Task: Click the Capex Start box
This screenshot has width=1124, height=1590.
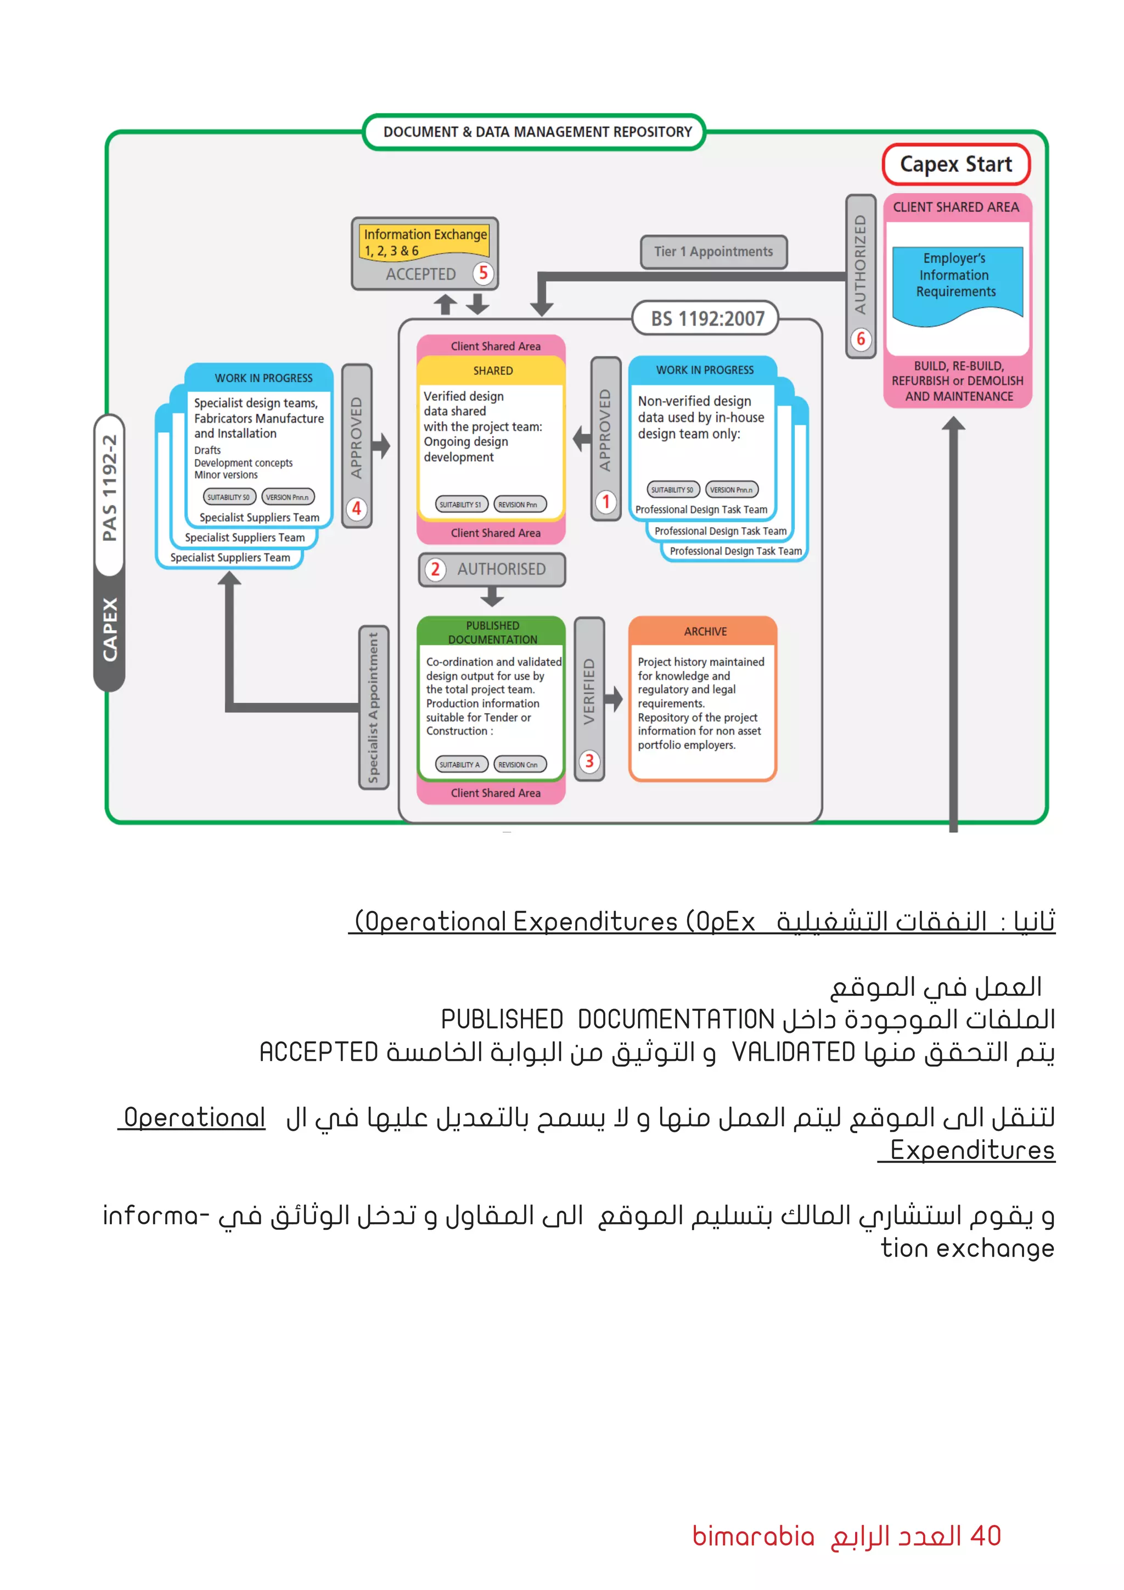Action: click(x=956, y=165)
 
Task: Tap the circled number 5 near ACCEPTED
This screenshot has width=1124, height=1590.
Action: click(x=483, y=273)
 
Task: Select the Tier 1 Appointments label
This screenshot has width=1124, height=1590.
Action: click(x=713, y=252)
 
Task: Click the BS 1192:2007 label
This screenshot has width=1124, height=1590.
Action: click(x=707, y=318)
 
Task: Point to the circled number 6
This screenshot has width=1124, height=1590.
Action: click(x=861, y=339)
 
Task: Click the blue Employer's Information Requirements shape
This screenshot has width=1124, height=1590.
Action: click(x=957, y=281)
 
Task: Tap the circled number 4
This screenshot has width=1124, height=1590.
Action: click(x=356, y=509)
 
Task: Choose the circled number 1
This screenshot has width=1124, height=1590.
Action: click(x=605, y=501)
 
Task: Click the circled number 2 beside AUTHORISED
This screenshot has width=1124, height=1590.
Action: click(x=435, y=569)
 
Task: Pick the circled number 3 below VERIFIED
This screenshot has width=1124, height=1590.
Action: click(x=589, y=762)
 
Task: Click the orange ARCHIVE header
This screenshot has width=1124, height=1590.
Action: click(x=705, y=631)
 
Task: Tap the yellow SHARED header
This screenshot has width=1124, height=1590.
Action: click(x=493, y=371)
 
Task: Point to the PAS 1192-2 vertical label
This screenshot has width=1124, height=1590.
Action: click(x=109, y=488)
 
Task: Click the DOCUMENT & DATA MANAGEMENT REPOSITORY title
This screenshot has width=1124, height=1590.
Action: click(x=537, y=132)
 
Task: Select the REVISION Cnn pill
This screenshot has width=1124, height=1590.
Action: click(x=519, y=765)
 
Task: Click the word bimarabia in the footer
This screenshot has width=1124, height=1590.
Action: click(x=753, y=1536)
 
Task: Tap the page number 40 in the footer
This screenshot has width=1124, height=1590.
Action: click(x=986, y=1536)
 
